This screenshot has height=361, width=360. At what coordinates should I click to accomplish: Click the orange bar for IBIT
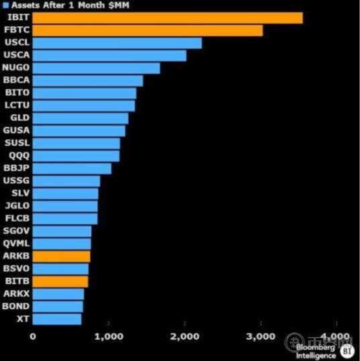(168, 17)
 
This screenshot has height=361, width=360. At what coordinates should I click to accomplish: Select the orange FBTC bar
(147, 30)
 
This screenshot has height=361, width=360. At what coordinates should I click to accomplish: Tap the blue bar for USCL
(117, 43)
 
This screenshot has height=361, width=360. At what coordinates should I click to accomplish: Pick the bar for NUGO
(96, 68)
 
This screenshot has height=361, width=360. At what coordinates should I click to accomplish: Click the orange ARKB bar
(61, 256)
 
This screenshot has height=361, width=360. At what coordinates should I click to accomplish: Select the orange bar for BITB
(60, 281)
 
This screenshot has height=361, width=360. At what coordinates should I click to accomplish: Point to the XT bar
(57, 319)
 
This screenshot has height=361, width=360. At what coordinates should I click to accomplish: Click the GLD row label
(16, 118)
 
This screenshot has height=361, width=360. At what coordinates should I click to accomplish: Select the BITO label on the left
(16, 93)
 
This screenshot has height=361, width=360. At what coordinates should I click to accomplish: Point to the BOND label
(16, 306)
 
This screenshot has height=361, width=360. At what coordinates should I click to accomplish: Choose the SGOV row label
(16, 231)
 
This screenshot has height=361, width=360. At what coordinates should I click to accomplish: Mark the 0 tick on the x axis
(33, 336)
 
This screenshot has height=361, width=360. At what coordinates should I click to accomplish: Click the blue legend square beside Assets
(5, 5)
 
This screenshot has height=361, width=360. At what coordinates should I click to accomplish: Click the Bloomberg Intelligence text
(316, 351)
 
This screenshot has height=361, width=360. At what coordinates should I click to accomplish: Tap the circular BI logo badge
(347, 350)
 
